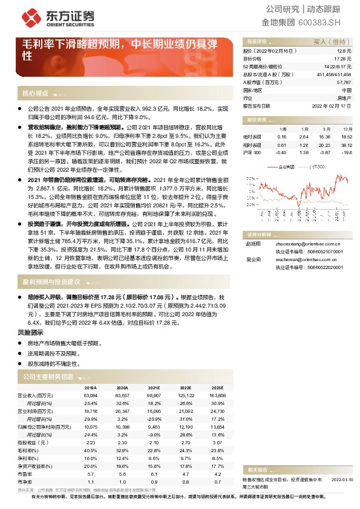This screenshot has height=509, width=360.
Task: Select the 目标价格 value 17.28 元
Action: point(343,59)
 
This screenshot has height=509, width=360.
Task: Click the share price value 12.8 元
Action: point(345,52)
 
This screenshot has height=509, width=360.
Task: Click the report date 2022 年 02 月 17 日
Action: point(332,105)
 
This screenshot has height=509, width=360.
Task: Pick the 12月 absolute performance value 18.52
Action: point(346,137)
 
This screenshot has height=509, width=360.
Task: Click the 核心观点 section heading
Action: point(36,93)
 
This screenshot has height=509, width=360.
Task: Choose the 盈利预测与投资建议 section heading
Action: point(51,282)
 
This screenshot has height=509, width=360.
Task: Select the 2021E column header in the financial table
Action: point(153,388)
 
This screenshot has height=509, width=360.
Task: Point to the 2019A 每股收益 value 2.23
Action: point(91,444)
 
